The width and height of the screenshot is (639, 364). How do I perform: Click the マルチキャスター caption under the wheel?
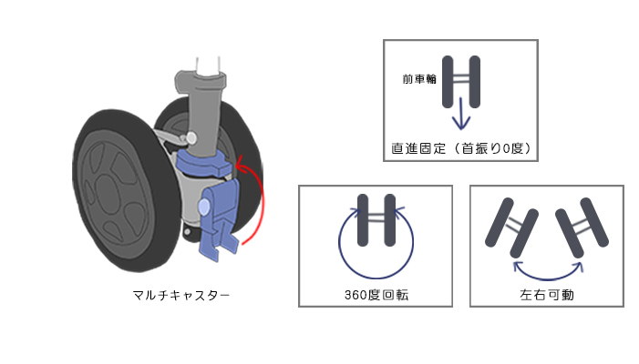pyautogui.click(x=180, y=295)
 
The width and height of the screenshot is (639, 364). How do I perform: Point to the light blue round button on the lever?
pyautogui.click(x=204, y=207)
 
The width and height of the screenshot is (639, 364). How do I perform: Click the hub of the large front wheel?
pyautogui.click(x=108, y=194)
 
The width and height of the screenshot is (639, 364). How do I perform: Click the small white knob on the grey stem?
pyautogui.click(x=191, y=138)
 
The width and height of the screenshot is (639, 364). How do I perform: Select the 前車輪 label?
pyautogui.click(x=419, y=79)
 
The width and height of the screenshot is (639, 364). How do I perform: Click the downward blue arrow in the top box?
pyautogui.click(x=461, y=114)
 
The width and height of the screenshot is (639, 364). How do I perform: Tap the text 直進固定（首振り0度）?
pyautogui.click(x=461, y=148)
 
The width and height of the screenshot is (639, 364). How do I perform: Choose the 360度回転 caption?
pyautogui.click(x=376, y=295)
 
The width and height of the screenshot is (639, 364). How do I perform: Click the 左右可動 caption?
pyautogui.click(x=547, y=295)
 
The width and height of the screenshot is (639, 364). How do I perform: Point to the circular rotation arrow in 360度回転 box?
pyautogui.click(x=376, y=278)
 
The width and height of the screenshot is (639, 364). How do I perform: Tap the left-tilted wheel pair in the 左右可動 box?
pyautogui.click(x=512, y=227)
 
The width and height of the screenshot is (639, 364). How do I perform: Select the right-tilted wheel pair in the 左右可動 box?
pyautogui.click(x=582, y=227)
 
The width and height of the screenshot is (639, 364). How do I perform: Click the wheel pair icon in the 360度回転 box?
pyautogui.click(x=376, y=220)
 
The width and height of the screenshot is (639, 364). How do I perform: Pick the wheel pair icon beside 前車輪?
pyautogui.click(x=461, y=82)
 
